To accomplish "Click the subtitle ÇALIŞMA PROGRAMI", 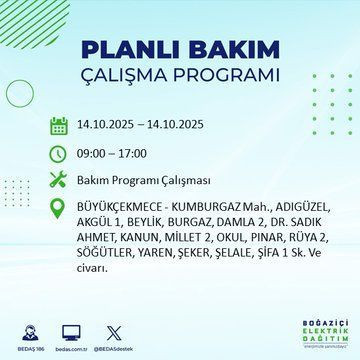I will pyautogui.click(x=179, y=76).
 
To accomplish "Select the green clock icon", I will pyautogui.click(x=59, y=153).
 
